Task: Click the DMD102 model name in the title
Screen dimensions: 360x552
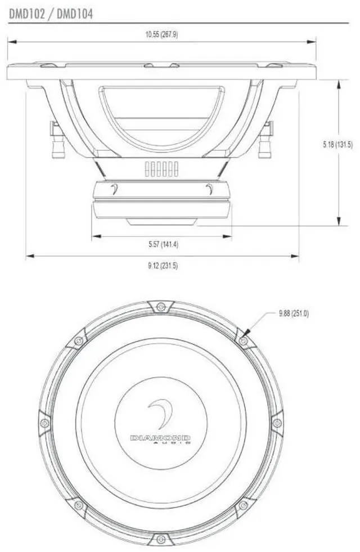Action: (27, 14)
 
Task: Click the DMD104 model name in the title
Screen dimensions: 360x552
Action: (75, 14)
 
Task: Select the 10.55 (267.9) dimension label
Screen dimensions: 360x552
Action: (161, 34)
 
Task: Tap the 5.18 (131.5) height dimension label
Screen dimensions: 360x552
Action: (337, 145)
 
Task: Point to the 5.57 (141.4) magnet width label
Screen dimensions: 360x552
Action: (163, 244)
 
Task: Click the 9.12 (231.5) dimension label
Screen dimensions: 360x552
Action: (163, 266)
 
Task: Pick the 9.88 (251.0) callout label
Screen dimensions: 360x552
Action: (294, 313)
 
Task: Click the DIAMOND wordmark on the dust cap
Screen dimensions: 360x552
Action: (160, 438)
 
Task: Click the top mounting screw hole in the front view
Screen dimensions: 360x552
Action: (160, 307)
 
